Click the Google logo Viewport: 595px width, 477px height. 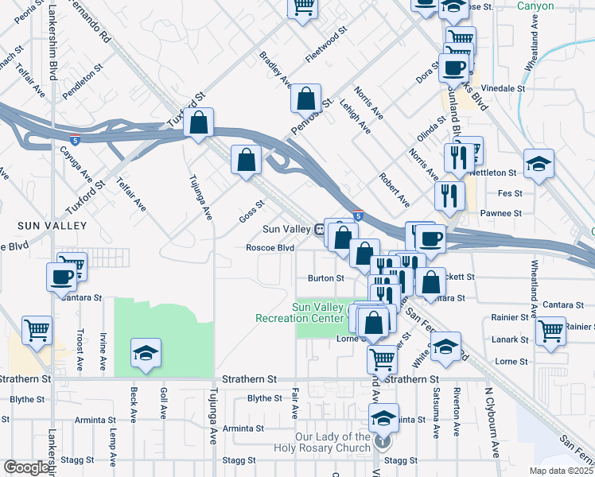(26, 467)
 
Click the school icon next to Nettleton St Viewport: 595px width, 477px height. (539, 165)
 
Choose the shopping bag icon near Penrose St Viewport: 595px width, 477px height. (306, 99)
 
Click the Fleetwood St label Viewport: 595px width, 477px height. (327, 45)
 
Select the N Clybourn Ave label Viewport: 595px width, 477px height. (494, 422)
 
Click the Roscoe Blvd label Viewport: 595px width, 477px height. (270, 247)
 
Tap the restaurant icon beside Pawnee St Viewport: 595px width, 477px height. (449, 195)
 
